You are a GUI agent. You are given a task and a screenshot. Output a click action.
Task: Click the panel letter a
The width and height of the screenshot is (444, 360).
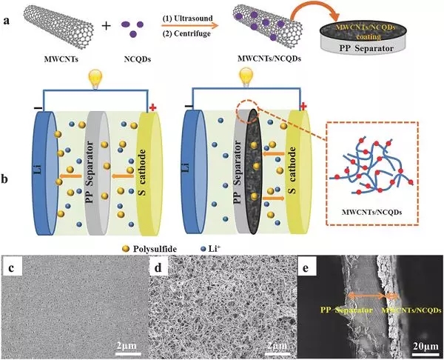(x=8, y=11)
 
